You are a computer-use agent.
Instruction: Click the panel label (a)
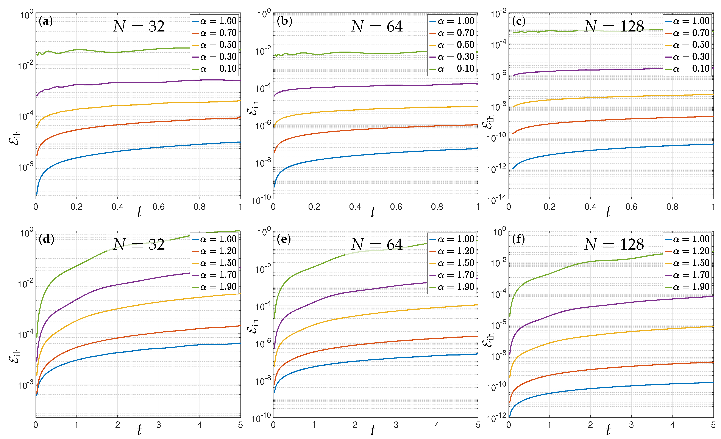coord(46,21)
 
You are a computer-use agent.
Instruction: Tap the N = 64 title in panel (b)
coord(377,27)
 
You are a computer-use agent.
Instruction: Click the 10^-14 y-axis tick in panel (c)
coord(496,200)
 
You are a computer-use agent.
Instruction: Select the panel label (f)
coord(518,239)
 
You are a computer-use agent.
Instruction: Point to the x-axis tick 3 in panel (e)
coord(396,425)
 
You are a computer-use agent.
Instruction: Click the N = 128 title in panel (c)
coord(614,27)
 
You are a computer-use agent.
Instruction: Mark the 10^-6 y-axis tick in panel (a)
coord(26,167)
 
